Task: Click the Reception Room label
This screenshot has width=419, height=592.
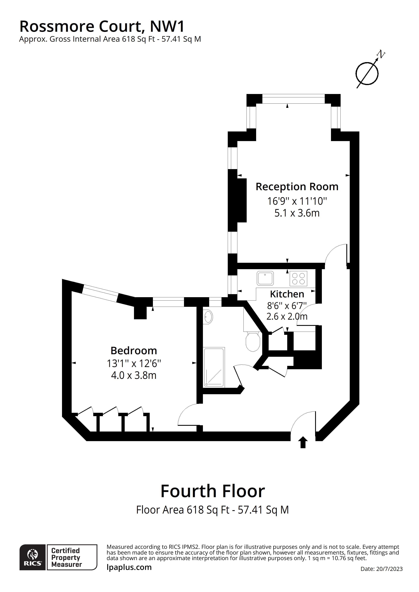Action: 297,187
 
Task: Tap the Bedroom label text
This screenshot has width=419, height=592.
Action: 134,351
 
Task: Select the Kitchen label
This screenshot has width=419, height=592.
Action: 287,294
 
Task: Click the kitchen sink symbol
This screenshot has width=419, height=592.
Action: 265,278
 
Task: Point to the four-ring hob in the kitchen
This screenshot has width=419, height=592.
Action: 298,278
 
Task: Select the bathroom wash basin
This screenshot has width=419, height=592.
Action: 208,317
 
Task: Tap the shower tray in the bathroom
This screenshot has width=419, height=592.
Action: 214,367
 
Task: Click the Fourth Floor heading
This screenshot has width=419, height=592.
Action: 213,491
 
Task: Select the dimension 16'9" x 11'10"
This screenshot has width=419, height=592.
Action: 297,201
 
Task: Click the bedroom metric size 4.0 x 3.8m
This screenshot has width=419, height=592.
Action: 134,375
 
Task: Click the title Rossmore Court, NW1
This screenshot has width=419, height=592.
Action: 102,26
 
